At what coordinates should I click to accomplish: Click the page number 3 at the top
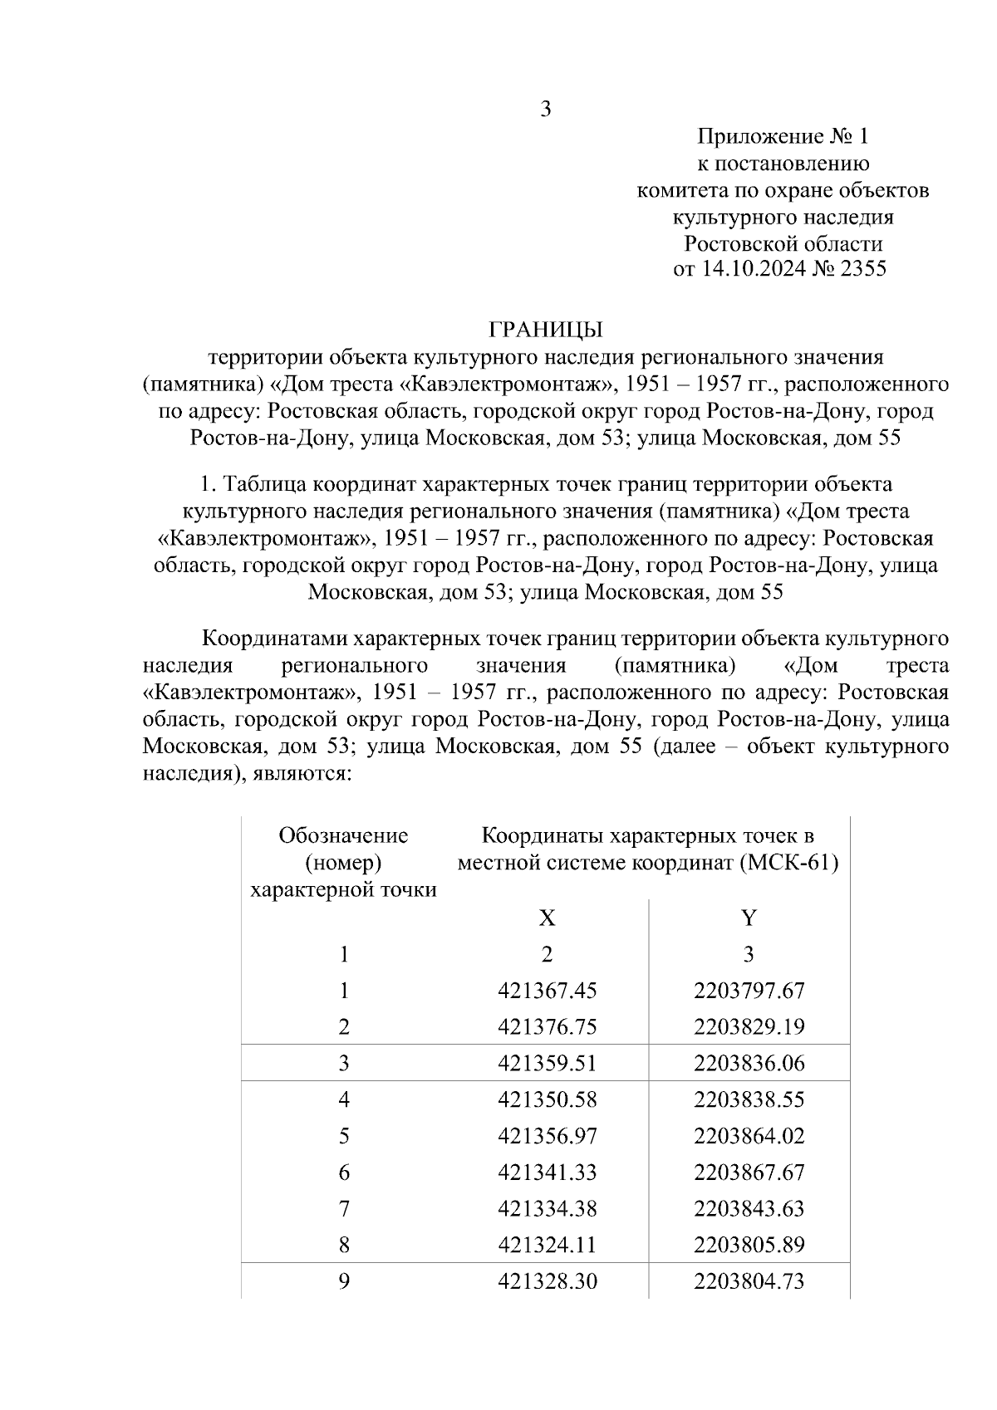point(546,110)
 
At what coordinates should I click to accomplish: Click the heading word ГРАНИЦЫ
point(545,330)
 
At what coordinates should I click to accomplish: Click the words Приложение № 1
point(782,136)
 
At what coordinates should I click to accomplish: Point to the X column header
point(546,918)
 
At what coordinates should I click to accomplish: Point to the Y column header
point(749,918)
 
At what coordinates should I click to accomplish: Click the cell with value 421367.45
point(547,991)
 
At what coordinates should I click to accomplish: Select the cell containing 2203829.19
point(749,1027)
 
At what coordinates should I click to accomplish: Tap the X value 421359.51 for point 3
point(547,1064)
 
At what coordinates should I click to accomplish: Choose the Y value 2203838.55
point(749,1099)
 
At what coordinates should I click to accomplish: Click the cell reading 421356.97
point(547,1136)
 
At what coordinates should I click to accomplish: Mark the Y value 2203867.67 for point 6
point(749,1173)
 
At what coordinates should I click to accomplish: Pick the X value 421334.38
point(547,1208)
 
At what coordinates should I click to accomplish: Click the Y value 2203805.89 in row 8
point(749,1245)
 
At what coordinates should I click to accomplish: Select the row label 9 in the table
point(343,1281)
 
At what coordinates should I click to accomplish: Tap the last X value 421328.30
point(547,1281)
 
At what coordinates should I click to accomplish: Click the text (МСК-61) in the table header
point(788,863)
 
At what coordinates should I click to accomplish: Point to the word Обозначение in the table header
point(343,835)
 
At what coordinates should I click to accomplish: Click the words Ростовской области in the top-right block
point(782,243)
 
